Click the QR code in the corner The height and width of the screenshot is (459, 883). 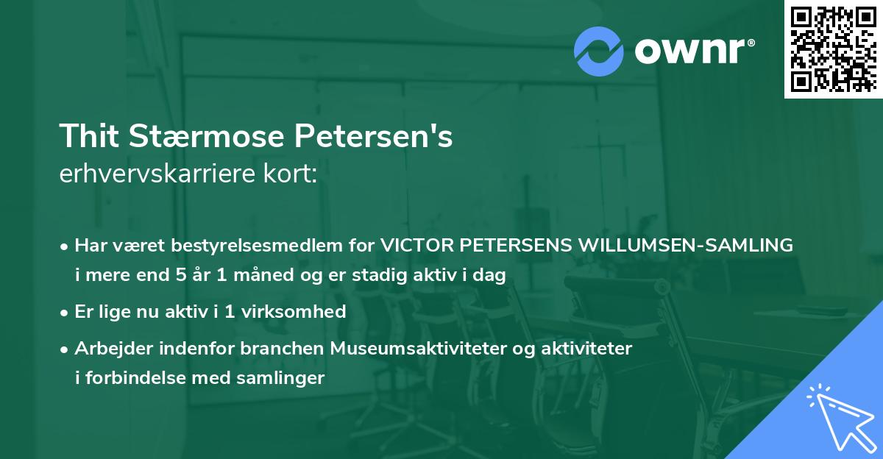pos(834,49)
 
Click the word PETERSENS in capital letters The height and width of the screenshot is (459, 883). pos(518,246)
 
